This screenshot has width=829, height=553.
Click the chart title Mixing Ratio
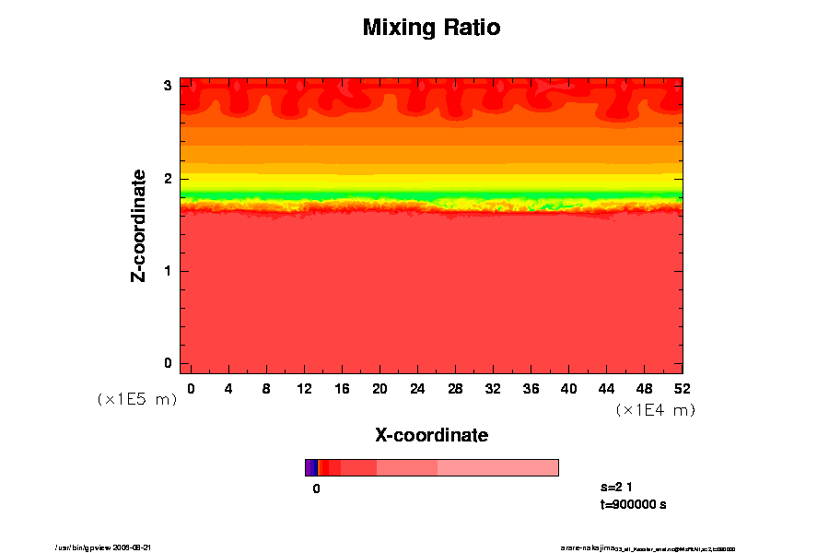[431, 28]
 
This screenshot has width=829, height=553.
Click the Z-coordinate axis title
[139, 225]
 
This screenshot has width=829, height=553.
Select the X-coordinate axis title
[431, 434]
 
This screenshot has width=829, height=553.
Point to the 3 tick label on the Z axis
[169, 86]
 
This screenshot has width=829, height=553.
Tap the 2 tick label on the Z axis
[169, 179]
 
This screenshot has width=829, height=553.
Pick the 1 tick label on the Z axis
[169, 271]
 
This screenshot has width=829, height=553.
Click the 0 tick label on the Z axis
[169, 363]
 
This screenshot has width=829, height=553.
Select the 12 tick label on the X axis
[304, 389]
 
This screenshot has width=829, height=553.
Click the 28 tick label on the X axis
[455, 389]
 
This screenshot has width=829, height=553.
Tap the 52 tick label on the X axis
[683, 389]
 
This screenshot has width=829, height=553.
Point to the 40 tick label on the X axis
[569, 389]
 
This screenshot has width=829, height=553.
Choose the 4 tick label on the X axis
[228, 389]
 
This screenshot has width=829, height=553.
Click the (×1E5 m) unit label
[137, 400]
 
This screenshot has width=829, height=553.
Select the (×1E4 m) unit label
[655, 410]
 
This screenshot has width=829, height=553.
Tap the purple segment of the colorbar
[310, 467]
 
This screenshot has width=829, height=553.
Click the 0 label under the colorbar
[316, 489]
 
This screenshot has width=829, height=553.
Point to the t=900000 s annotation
[633, 504]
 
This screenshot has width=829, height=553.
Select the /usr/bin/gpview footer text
[110, 547]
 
